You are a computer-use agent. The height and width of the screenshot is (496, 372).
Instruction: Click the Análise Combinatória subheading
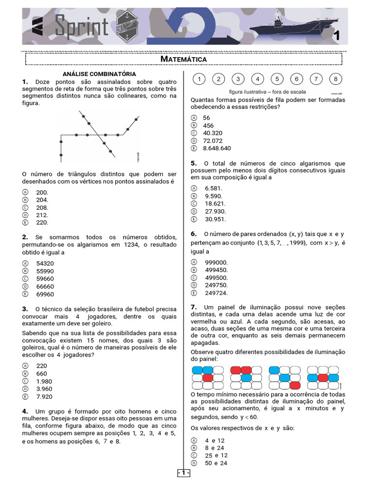point(99,74)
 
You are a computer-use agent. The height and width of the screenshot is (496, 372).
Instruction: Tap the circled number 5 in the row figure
point(277,79)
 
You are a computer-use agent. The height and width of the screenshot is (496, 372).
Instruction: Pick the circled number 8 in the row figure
point(335,79)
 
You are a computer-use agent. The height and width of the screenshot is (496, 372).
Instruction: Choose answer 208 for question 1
point(42,207)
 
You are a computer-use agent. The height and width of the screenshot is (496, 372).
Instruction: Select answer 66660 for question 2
point(45,286)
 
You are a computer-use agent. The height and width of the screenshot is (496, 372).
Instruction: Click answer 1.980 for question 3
point(44,381)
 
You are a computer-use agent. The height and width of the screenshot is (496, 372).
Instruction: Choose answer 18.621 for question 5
point(213,203)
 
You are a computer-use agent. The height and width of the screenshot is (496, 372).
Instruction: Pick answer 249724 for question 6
point(216,293)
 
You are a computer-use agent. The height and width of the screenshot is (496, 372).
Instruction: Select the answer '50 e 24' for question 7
point(216,463)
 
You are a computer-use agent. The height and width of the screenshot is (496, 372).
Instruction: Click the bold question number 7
point(194,307)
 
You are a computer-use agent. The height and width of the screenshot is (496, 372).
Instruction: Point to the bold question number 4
point(25,411)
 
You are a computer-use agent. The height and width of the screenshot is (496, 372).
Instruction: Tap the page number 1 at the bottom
point(184,473)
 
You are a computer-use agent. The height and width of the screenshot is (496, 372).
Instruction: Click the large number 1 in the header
point(336,35)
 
